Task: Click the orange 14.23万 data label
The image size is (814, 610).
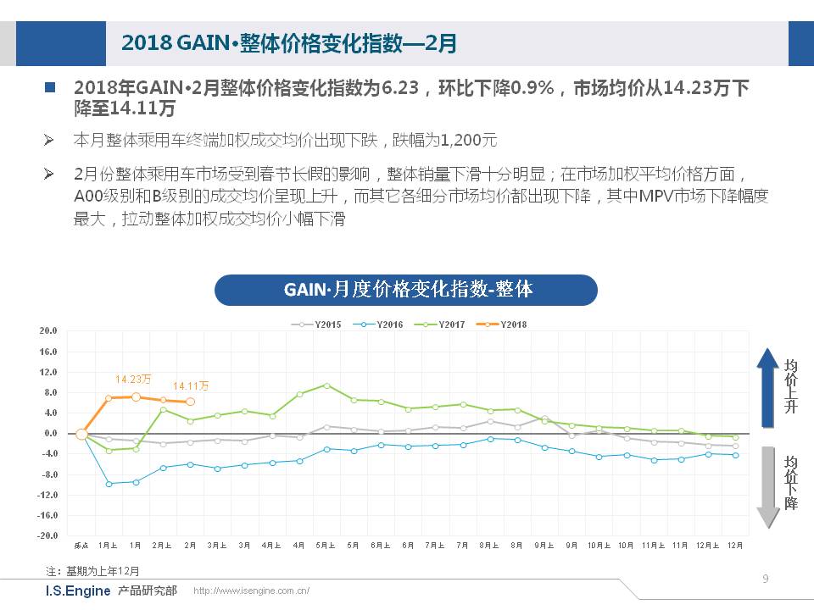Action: [x=133, y=379]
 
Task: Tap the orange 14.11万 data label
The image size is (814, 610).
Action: [x=191, y=386]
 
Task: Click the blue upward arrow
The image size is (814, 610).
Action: [x=767, y=382]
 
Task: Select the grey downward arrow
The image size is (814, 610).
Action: [x=767, y=486]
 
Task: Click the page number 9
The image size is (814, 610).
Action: [x=766, y=579]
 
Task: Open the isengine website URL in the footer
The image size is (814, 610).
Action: [x=252, y=591]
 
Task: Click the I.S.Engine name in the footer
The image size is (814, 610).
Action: [x=77, y=591]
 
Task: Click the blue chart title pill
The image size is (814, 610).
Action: [x=407, y=290]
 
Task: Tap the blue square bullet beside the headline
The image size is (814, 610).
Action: [x=50, y=87]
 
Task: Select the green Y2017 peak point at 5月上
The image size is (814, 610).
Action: [x=326, y=385]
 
